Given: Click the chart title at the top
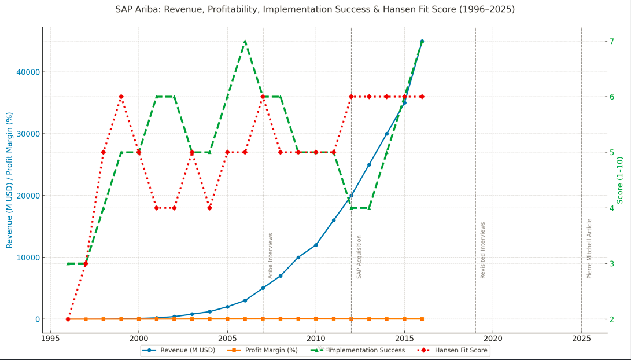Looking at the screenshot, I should (315, 9).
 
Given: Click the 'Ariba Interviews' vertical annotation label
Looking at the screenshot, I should (270, 256).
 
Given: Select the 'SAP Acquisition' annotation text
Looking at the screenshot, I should (359, 257).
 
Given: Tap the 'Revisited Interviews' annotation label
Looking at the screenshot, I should (483, 250).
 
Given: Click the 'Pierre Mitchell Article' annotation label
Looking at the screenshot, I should (589, 248).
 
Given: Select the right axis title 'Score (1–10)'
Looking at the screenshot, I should (620, 180).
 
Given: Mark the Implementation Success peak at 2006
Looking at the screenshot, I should (245, 42).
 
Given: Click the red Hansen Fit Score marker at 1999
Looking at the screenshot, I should (121, 97).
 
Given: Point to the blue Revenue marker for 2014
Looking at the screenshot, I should (387, 134).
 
